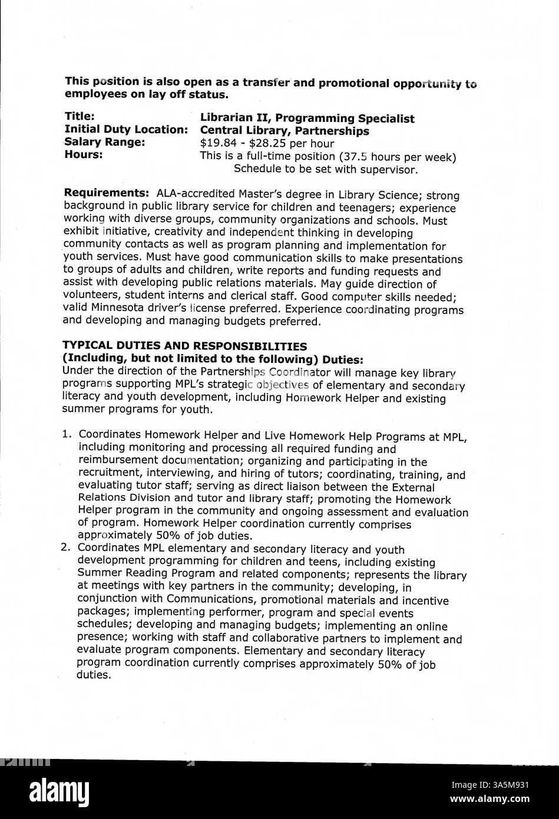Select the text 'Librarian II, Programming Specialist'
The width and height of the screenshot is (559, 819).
coord(307,118)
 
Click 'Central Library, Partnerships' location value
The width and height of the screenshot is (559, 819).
coord(285,131)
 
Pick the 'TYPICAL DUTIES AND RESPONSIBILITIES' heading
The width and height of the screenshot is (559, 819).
coord(184,346)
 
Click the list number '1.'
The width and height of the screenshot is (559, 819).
coord(67,435)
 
